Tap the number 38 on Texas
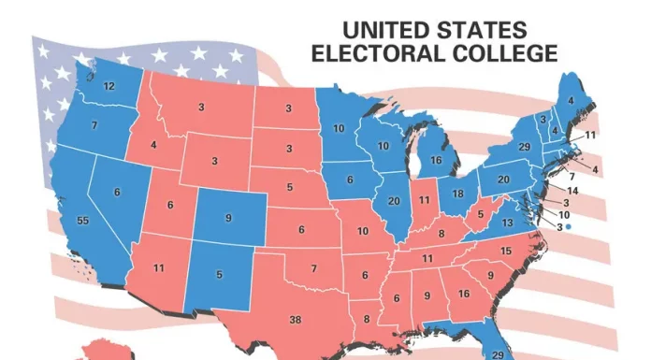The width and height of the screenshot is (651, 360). click(x=296, y=320)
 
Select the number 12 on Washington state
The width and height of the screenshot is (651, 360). click(x=108, y=86)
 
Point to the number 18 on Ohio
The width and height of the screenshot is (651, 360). click(x=458, y=194)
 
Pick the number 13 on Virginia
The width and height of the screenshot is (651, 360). click(x=507, y=223)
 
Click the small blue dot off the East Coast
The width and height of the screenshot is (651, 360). click(x=569, y=226)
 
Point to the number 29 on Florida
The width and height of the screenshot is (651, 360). click(x=497, y=354)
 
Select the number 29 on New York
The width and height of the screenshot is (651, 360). click(x=525, y=148)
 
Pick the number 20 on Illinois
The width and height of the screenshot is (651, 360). click(x=393, y=202)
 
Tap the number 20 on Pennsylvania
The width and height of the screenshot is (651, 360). click(x=502, y=180)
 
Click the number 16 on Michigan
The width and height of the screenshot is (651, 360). click(x=436, y=160)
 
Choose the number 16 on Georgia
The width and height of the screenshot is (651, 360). click(x=463, y=293)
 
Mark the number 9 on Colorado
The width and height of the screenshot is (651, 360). click(x=229, y=219)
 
